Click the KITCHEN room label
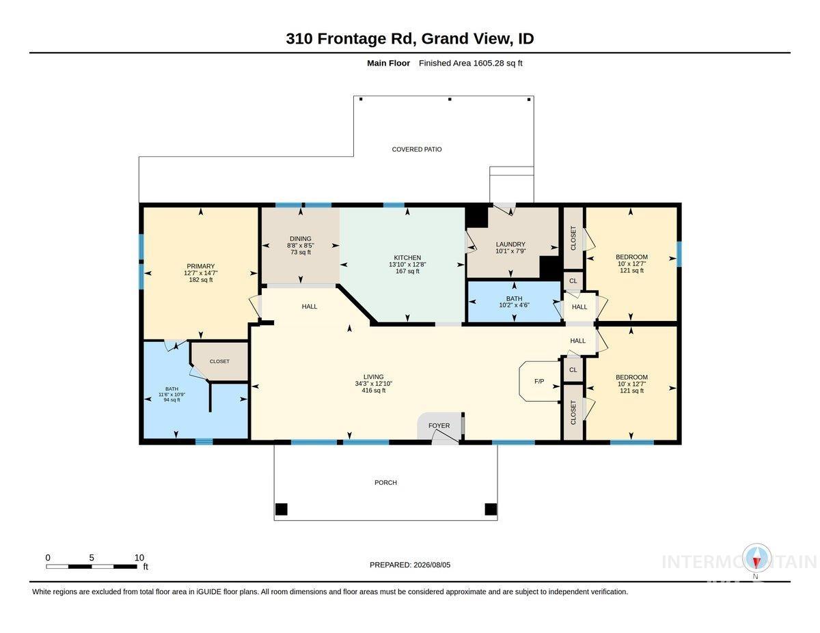pos(407,257)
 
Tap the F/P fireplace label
pos(539,381)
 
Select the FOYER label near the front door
pos(439,425)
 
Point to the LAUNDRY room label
pos(510,244)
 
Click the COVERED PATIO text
pos(417,150)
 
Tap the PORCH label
pos(385,482)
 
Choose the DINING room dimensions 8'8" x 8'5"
pos(301,245)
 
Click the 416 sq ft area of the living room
pos(373,390)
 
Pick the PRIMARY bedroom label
pos(200,266)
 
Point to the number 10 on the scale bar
pos(139,558)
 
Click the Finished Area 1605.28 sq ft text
pos(470,64)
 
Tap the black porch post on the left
pos(281,509)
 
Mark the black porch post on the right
pos(491,509)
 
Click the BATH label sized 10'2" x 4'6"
pos(514,298)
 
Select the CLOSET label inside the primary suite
pos(219,361)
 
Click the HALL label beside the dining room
pos(309,307)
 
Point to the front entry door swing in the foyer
pos(446,436)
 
